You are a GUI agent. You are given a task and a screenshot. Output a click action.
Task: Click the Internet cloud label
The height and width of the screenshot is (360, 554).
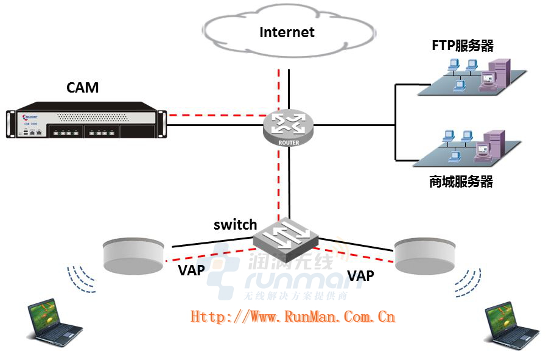click(x=287, y=32)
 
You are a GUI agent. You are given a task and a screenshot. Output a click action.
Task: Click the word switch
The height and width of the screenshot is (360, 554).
click(x=235, y=225)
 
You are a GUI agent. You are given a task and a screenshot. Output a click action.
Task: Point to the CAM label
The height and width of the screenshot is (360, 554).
click(x=82, y=88)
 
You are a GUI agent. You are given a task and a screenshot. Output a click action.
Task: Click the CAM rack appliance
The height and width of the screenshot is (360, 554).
click(x=86, y=125)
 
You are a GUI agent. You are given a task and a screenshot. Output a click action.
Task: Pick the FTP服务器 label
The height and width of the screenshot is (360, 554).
click(x=462, y=46)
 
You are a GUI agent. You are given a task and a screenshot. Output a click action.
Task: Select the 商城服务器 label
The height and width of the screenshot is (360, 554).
click(x=461, y=182)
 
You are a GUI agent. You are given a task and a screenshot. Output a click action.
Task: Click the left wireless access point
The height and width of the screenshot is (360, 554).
click(x=135, y=255)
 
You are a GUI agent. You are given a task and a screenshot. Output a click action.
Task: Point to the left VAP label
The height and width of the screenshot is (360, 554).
click(x=191, y=269)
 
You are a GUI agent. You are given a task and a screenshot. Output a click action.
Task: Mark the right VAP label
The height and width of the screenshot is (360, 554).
click(x=360, y=275)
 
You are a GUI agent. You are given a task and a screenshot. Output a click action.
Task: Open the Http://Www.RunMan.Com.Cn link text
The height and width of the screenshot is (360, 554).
click(x=293, y=316)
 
